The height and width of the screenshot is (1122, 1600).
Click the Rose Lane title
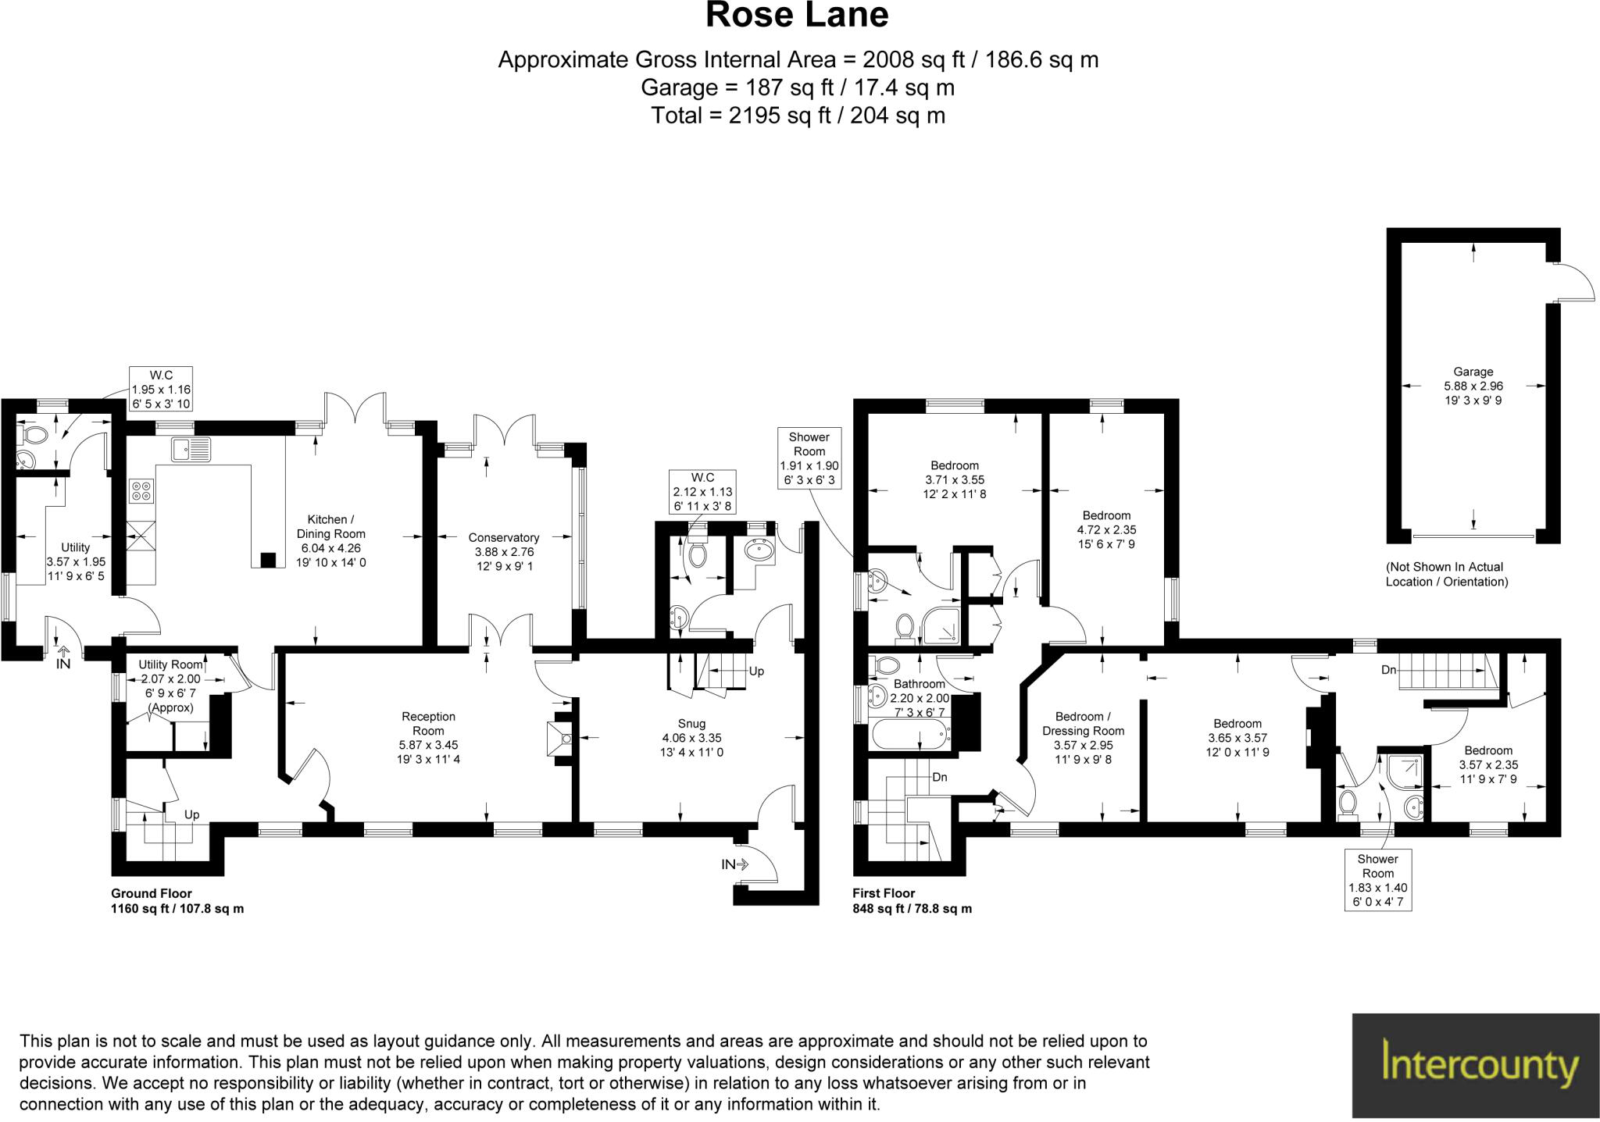click(797, 16)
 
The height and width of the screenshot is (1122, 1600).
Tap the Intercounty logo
click(1476, 1066)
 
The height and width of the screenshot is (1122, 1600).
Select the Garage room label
click(1473, 386)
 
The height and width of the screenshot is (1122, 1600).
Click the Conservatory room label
click(504, 551)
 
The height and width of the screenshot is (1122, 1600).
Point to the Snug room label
click(691, 738)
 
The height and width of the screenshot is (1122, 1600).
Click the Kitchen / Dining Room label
click(330, 540)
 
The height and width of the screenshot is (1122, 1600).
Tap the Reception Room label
click(428, 737)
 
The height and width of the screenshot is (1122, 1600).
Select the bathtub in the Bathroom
click(911, 736)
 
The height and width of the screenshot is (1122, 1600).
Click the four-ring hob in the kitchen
click(142, 490)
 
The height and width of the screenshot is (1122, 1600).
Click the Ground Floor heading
click(152, 893)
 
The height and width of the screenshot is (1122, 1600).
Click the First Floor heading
click(884, 893)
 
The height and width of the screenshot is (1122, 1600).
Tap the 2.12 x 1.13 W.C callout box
click(702, 492)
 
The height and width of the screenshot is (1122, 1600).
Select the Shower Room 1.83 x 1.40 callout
click(1377, 880)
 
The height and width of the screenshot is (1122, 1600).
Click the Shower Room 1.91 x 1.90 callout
click(809, 458)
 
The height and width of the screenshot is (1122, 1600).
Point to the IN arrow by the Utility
click(63, 657)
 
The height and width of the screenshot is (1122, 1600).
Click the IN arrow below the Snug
click(734, 864)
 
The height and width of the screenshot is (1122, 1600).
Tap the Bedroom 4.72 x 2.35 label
click(1106, 529)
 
